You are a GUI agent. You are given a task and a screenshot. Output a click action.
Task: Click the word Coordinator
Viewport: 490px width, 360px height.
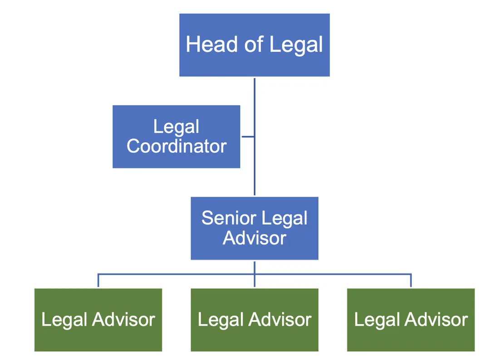point(176,146)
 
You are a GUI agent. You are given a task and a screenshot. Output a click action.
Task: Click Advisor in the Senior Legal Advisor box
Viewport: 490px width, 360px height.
point(254,238)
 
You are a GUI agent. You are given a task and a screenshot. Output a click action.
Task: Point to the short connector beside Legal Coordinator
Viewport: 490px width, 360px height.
point(247,136)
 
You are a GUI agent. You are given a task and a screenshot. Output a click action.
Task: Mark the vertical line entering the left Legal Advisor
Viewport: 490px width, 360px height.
point(98,281)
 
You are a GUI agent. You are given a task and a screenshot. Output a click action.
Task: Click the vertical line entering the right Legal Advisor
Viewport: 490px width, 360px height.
point(411,281)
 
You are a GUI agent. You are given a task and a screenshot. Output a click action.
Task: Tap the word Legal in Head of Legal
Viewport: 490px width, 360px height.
point(296,44)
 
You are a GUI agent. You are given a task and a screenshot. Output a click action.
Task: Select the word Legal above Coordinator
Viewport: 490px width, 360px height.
point(176,126)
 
